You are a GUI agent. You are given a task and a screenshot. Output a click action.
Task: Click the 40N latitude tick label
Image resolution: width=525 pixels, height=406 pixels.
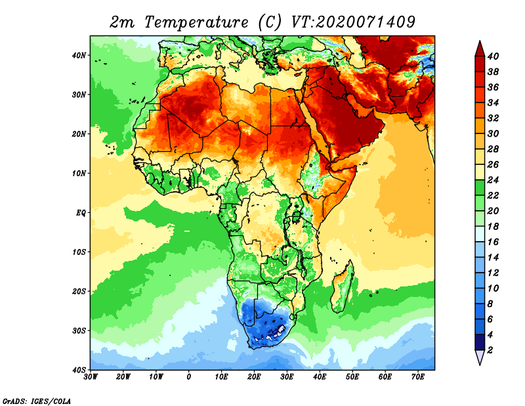click(x=79, y=55)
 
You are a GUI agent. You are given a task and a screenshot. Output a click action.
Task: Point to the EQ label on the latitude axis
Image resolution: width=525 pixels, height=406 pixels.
click(x=81, y=213)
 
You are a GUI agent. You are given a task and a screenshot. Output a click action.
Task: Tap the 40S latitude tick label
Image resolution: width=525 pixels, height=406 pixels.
click(x=79, y=370)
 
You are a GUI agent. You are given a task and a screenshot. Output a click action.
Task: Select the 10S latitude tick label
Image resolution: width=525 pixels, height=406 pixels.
click(x=79, y=252)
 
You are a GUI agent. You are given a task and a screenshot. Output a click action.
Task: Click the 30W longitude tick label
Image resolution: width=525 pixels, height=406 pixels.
click(x=91, y=377)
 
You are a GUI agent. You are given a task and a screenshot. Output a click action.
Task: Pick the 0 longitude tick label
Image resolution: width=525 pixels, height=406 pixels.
click(x=189, y=377)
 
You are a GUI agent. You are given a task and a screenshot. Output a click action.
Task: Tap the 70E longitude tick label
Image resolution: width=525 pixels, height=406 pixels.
click(x=418, y=377)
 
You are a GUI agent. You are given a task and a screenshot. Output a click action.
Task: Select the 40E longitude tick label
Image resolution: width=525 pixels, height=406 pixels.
click(x=320, y=377)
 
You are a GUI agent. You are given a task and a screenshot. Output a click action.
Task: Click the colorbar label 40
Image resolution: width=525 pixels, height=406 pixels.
click(x=493, y=56)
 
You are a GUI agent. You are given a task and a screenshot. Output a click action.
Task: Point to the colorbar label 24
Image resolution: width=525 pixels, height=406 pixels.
click(x=493, y=181)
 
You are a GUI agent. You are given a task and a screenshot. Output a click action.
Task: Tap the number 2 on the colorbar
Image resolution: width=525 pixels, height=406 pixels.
click(x=490, y=350)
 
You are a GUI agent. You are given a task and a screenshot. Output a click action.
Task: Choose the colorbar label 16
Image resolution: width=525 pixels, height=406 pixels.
click(x=493, y=242)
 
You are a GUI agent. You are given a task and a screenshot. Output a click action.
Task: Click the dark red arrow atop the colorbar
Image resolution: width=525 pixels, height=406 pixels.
click(x=480, y=49)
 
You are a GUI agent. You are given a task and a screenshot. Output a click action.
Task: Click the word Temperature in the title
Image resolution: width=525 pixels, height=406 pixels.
click(x=196, y=22)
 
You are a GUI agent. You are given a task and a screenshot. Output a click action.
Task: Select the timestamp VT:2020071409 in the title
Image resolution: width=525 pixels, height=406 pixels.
click(x=353, y=22)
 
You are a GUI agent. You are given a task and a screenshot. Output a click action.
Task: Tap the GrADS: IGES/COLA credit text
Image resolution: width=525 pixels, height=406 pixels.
click(x=37, y=401)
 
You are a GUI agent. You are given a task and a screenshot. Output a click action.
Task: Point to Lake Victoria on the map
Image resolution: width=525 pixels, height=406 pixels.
click(x=296, y=217)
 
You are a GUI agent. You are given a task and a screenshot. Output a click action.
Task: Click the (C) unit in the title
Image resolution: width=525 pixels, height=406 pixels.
click(x=270, y=22)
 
